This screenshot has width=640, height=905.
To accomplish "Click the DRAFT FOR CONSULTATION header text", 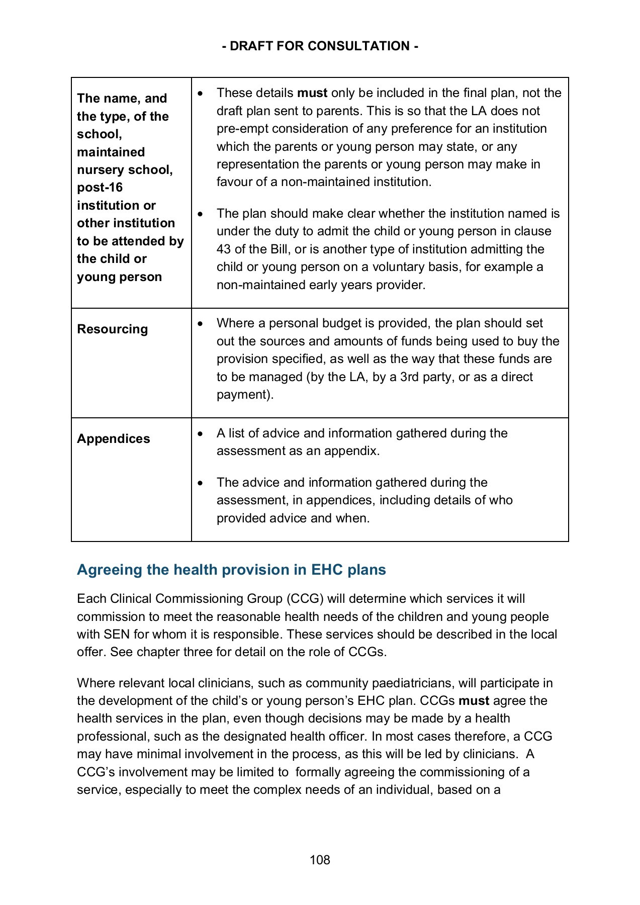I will click(320, 46).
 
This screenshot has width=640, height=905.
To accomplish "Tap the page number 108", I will click(320, 860).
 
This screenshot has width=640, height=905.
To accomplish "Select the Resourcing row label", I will click(113, 329).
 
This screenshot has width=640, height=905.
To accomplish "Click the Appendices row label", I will click(114, 439).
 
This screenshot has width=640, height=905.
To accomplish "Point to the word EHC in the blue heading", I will click(327, 570).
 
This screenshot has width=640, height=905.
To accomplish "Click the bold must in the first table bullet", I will click(312, 93).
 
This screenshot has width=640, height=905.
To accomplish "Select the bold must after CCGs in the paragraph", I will click(474, 701).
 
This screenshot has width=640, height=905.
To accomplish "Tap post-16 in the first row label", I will click(100, 188).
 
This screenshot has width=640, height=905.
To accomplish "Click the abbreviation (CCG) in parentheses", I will click(305, 599).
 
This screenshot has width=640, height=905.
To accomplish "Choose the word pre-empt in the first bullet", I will click(237, 129).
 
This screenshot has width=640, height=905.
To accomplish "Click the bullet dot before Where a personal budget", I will click(201, 324).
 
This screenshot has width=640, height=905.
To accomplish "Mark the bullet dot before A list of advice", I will click(201, 433).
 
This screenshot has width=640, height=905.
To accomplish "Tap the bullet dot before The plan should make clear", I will click(201, 214).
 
